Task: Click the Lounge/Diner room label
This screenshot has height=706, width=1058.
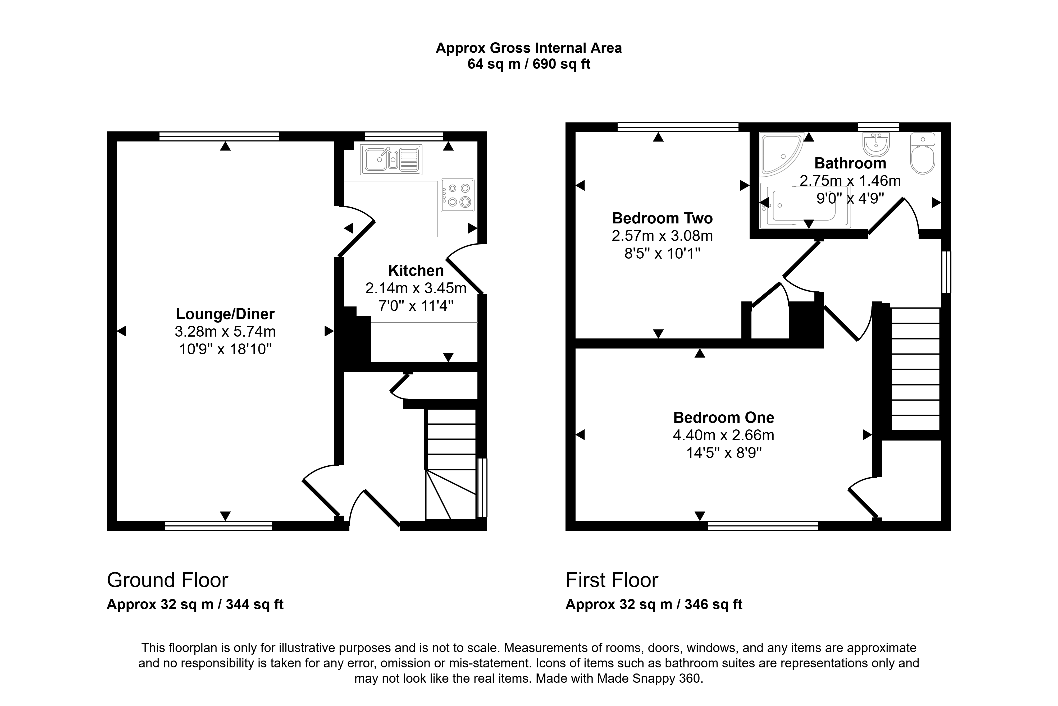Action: click(225, 314)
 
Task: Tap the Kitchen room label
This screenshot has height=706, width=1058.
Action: click(416, 271)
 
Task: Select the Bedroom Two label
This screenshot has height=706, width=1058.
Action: click(662, 218)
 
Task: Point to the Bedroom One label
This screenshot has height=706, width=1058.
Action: click(723, 418)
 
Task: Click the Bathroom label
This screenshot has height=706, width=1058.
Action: click(850, 163)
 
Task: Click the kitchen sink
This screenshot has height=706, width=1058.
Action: click(391, 159)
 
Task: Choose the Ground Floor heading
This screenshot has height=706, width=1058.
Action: click(167, 580)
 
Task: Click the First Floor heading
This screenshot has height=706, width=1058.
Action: click(612, 580)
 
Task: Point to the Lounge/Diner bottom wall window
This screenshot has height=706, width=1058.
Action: click(218, 526)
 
